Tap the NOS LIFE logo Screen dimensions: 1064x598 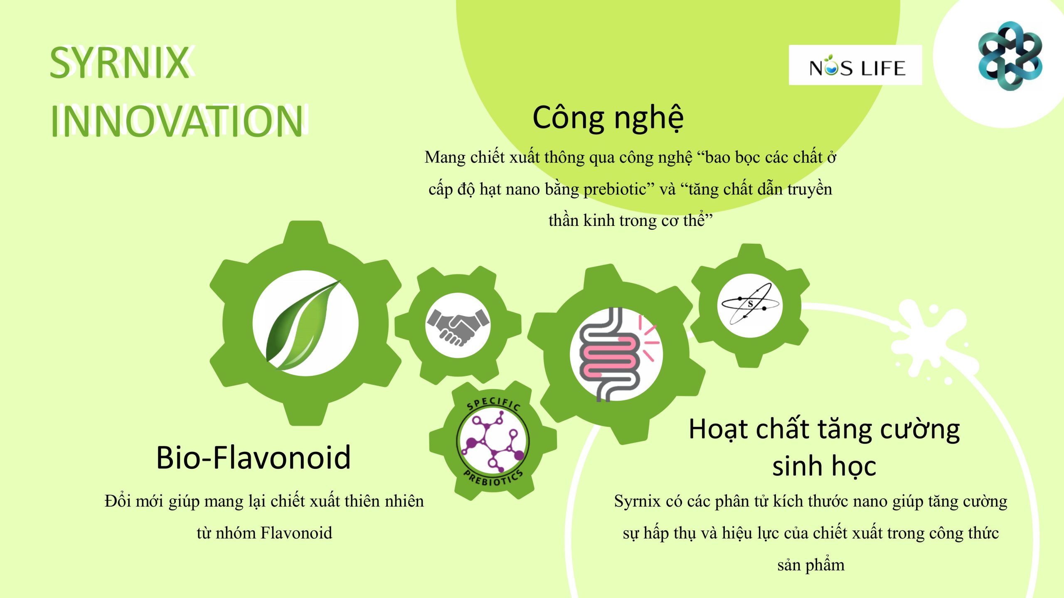point(855,65)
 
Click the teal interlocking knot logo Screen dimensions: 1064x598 point(1010,56)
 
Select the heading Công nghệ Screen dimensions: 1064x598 point(608,118)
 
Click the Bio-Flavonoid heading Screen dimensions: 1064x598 point(254,457)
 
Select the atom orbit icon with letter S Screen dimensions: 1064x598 point(750,305)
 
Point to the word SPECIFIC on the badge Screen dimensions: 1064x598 point(493,403)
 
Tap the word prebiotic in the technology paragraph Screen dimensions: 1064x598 point(615,189)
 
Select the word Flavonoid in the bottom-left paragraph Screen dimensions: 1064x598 point(296,533)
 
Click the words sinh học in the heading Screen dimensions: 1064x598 point(824,466)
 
